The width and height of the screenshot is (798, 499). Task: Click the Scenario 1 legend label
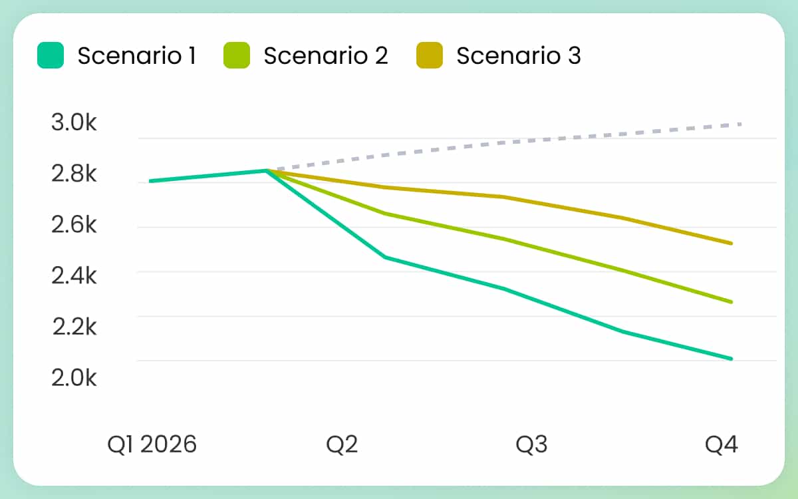136,56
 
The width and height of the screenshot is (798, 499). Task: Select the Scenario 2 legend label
326,56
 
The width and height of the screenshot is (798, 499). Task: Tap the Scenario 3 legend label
519,56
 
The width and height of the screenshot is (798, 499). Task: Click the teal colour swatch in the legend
51,56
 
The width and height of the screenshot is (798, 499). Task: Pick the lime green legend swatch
237,56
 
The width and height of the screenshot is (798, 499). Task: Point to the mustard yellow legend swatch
430,56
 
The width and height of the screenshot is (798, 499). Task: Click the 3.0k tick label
74,123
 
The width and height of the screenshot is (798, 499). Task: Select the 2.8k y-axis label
74,174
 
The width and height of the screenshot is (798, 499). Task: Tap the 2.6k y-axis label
74,226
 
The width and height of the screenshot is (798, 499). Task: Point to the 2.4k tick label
74,276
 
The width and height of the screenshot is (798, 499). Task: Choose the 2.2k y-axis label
74,327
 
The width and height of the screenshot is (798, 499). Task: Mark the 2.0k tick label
74,378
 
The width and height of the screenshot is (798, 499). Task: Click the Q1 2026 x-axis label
152,444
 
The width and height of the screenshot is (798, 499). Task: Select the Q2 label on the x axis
342,444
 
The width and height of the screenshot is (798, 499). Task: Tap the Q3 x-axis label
532,444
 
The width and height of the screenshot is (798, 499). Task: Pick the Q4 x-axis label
722,444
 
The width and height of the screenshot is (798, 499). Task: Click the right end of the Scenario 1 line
731,359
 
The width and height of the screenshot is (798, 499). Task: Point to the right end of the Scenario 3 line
731,244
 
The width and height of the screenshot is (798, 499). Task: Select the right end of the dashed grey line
740,124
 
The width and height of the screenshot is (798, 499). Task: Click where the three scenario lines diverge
267,170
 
